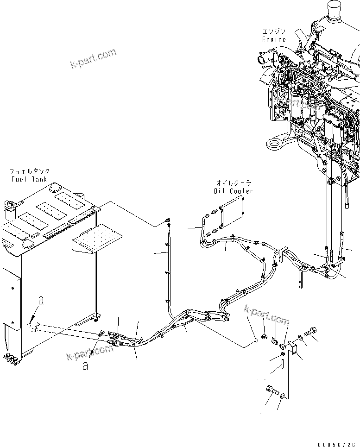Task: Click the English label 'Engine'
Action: coord(274,39)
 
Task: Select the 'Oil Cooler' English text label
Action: coord(234,191)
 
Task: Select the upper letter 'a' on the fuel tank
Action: coord(41,301)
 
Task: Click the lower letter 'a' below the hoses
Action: coord(85,365)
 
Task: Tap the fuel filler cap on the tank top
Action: coord(11,208)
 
